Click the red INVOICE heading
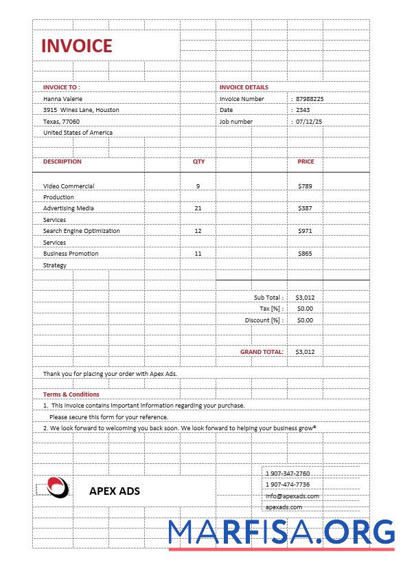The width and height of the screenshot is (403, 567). coord(76,46)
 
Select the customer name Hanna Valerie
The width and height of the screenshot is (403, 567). coord(62,99)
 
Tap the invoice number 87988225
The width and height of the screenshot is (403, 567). coord(310,99)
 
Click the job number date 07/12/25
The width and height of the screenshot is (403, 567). coord(309,122)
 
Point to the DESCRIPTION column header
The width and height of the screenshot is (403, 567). coord(62,162)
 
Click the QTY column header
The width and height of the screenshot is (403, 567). coord(198,162)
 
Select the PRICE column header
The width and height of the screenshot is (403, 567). coord(306,162)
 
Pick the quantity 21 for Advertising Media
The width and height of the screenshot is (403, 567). coord(198,208)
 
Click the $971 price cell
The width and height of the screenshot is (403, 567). coord(305,231)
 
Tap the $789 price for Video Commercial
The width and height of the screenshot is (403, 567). coord(305,186)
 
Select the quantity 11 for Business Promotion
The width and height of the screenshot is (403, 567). coord(198,254)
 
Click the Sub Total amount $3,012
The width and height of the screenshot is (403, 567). coord(305,298)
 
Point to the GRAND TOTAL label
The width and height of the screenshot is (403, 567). coord(262,352)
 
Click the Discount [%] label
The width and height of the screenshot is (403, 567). coord(264,320)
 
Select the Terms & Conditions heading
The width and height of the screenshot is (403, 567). coord(71,394)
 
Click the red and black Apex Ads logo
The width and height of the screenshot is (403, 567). coord(58,487)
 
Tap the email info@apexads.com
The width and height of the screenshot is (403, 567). coord(292,496)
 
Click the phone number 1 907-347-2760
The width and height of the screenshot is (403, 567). coord(288,474)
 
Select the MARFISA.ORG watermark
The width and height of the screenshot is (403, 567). coord(281,533)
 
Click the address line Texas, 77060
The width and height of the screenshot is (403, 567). coord(61,122)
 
